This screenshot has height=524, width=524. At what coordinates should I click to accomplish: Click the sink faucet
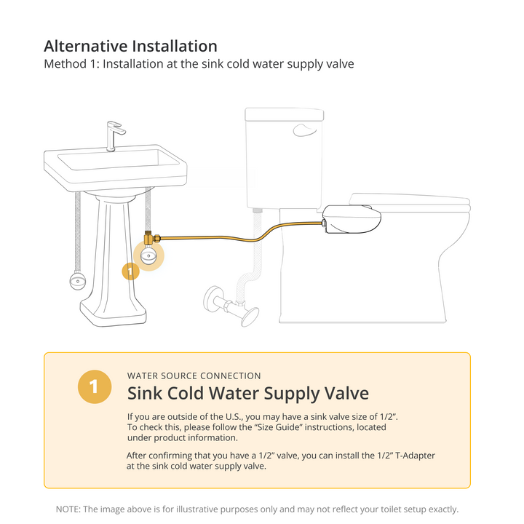(x=113, y=136)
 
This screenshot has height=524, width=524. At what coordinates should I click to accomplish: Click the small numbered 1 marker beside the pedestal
(x=130, y=271)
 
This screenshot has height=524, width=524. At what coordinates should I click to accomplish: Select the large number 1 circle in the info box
(x=95, y=386)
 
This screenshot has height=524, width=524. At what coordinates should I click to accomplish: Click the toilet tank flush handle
(x=304, y=130)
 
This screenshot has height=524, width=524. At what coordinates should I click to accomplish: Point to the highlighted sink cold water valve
(x=148, y=255)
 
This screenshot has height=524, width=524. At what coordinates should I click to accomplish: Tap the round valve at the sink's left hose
(x=78, y=281)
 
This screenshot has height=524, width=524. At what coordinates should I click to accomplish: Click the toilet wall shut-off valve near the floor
(x=231, y=305)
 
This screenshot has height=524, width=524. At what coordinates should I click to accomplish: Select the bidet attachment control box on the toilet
(x=352, y=219)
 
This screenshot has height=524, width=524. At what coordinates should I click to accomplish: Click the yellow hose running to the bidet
(x=242, y=239)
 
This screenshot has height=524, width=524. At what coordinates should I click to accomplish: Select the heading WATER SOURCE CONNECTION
(x=194, y=376)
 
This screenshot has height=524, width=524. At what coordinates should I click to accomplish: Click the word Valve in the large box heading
(x=349, y=393)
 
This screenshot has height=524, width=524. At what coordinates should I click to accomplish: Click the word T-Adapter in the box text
(x=415, y=456)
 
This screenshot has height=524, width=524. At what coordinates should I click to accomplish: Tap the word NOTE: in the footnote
(x=68, y=509)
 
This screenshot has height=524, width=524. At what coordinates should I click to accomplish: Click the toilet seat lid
(x=410, y=201)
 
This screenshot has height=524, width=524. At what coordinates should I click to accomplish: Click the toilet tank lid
(x=285, y=114)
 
